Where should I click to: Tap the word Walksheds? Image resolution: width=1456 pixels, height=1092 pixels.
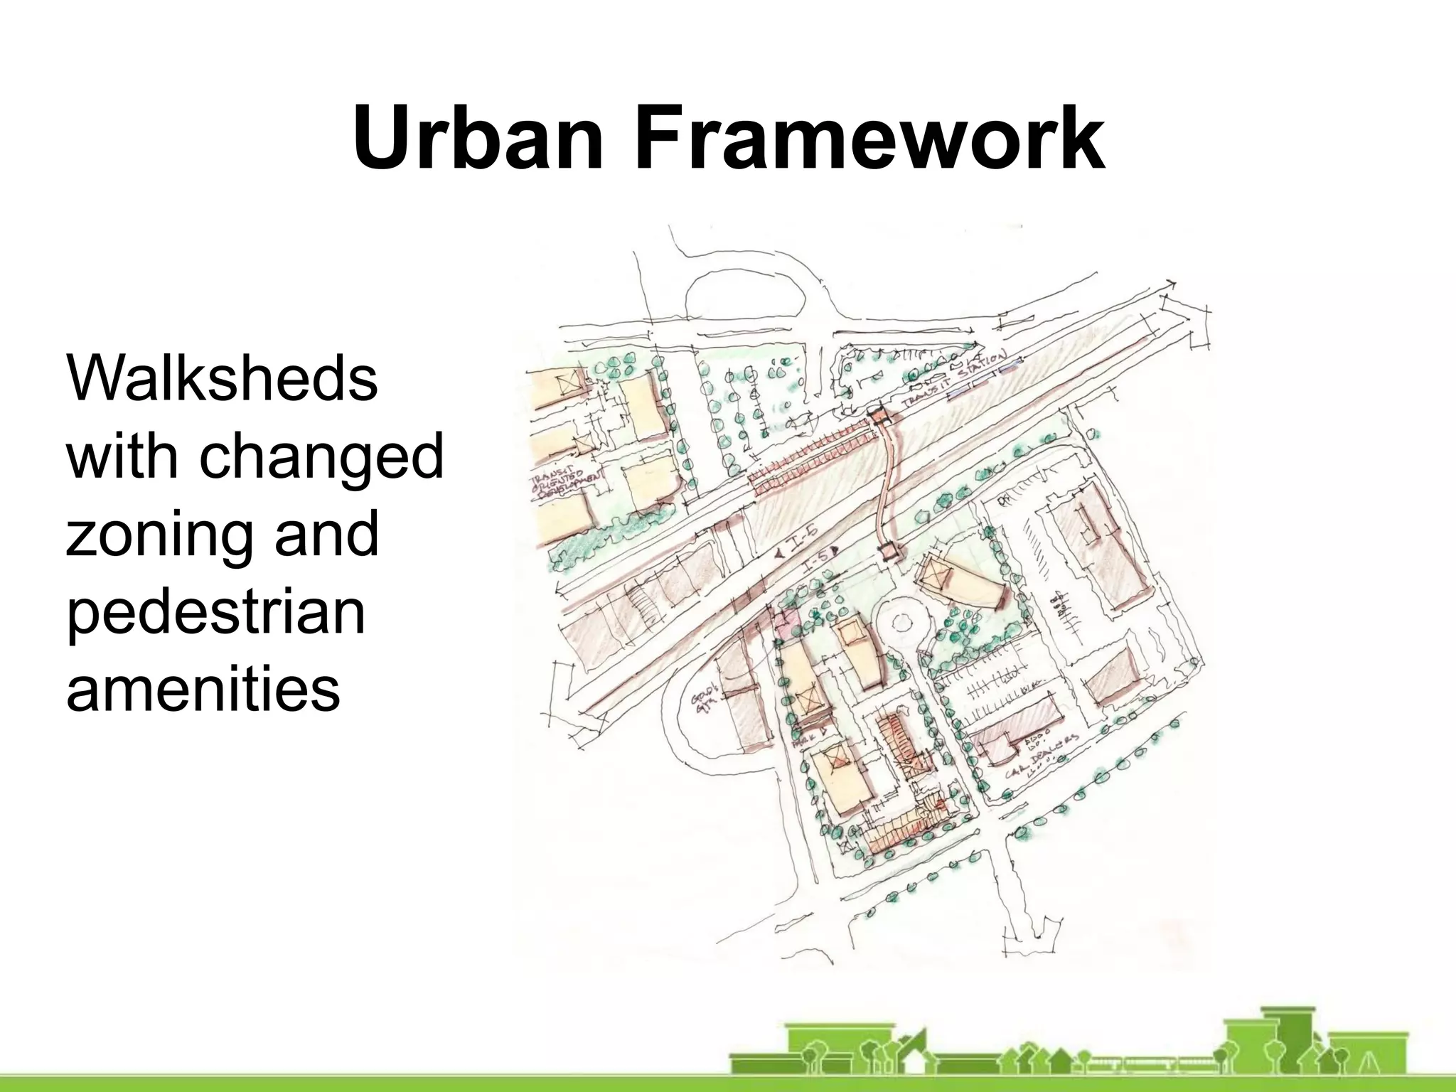point(222,378)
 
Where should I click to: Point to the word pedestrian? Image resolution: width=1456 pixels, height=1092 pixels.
point(215,611)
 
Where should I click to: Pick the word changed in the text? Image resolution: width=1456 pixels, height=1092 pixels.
point(321,456)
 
